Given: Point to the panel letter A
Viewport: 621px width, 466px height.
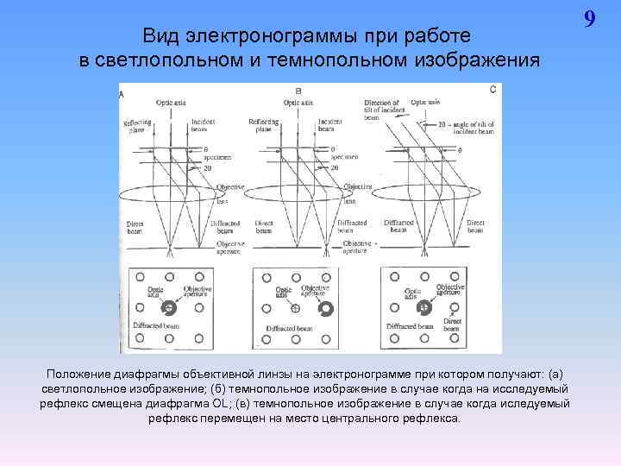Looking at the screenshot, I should pyautogui.click(x=122, y=94).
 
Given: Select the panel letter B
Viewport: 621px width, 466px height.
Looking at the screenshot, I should pyautogui.click(x=298, y=91).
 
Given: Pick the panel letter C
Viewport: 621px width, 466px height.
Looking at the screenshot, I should pyautogui.click(x=492, y=89).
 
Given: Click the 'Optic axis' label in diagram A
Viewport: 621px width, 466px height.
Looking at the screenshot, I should pyautogui.click(x=173, y=103).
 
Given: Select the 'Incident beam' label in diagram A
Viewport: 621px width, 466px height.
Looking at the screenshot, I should pyautogui.click(x=204, y=126).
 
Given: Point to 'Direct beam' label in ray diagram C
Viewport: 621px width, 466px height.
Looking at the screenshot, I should pyautogui.click(x=476, y=226).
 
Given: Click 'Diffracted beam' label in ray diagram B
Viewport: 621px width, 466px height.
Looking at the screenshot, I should pyautogui.click(x=352, y=227).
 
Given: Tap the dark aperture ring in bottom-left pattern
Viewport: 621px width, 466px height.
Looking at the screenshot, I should pyautogui.click(x=168, y=308).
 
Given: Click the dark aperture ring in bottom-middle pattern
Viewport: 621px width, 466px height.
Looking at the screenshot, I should pyautogui.click(x=325, y=308).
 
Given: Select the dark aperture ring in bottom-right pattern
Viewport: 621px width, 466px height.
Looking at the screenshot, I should pyautogui.click(x=423, y=307).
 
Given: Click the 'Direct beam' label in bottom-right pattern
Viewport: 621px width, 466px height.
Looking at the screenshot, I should pyautogui.click(x=452, y=325).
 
